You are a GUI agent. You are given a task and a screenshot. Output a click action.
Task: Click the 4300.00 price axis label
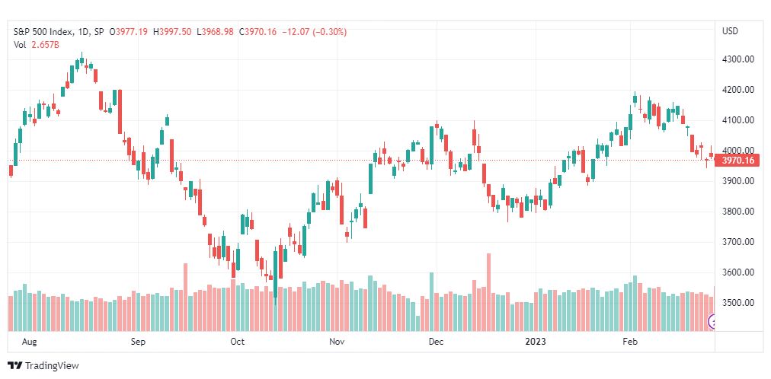[x=737, y=59]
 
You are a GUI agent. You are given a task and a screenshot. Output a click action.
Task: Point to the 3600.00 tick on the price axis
[x=737, y=272]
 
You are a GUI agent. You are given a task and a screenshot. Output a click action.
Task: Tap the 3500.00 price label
[x=737, y=303]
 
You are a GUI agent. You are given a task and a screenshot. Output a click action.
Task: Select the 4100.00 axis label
[x=737, y=120]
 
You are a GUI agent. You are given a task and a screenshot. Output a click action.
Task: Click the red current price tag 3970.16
[x=738, y=160]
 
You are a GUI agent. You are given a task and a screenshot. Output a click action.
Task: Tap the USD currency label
[x=730, y=31]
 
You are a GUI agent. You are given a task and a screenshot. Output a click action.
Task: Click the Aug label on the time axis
[x=29, y=342]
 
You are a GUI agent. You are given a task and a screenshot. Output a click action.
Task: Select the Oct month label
[x=238, y=342]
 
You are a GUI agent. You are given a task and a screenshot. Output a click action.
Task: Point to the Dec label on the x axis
[x=436, y=342]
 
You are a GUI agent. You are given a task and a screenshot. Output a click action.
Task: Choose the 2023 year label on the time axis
[x=535, y=342]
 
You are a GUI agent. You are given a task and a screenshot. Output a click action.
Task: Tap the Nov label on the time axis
[x=337, y=342]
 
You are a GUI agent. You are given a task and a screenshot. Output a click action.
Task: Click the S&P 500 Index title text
[x=44, y=32]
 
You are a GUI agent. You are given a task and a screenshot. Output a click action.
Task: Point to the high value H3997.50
[x=172, y=32]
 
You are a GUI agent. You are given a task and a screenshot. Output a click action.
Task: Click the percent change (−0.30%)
[x=329, y=32]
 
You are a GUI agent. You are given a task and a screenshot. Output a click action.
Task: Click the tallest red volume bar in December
[x=488, y=292]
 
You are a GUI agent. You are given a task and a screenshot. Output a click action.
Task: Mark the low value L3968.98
[x=216, y=32]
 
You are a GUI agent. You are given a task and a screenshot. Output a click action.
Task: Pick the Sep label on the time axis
[x=138, y=342]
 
